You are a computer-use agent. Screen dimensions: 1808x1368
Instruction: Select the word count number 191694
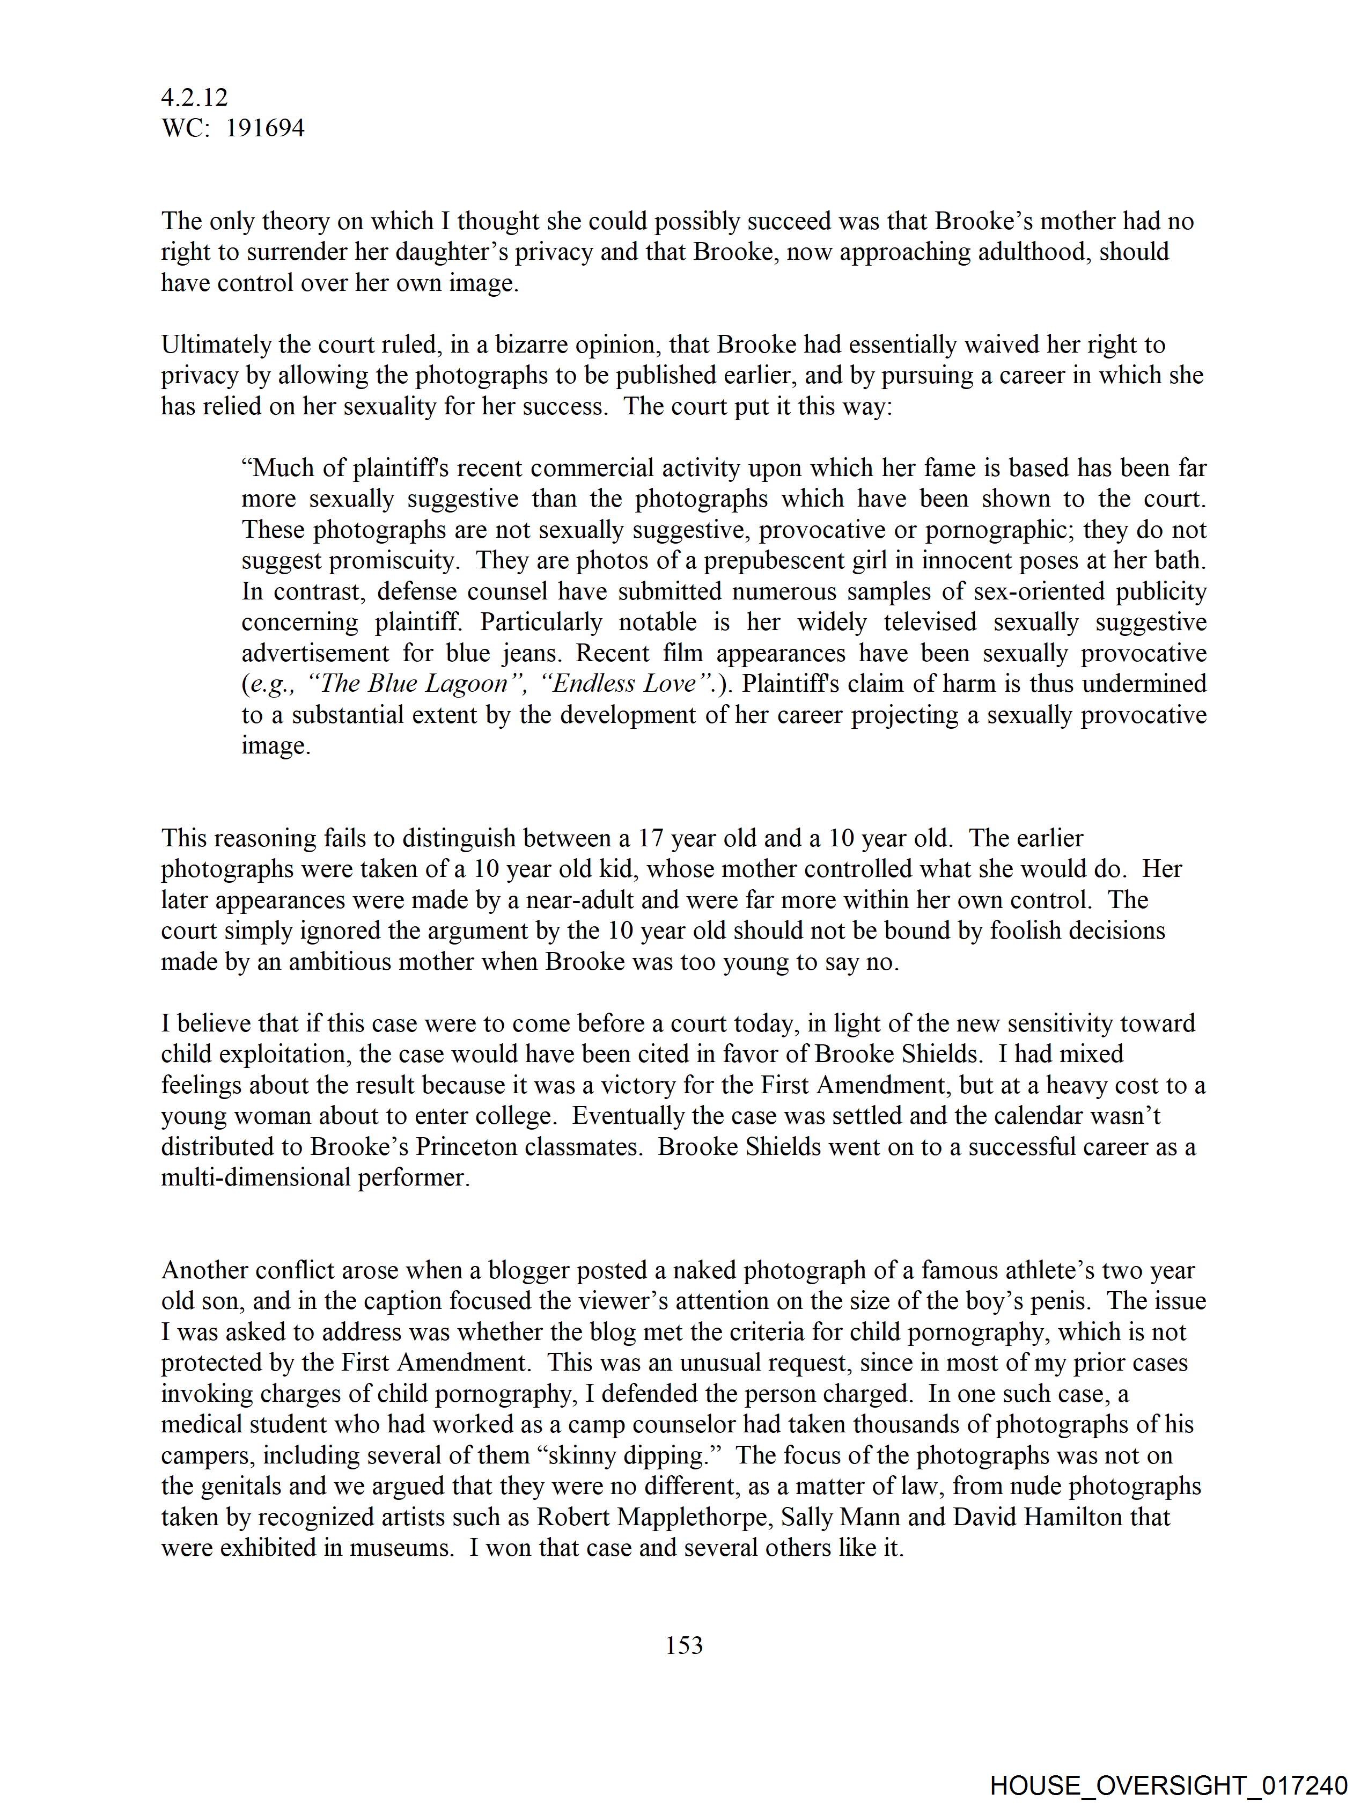point(265,128)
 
